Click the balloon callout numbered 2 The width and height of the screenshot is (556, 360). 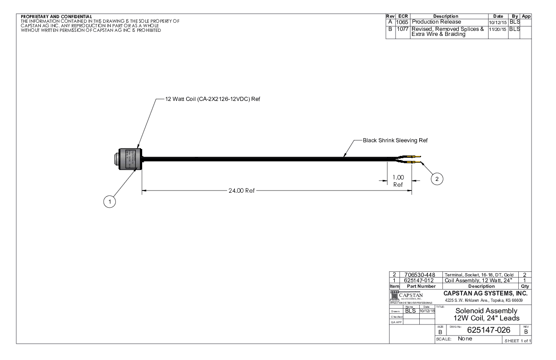pyautogui.click(x=437, y=179)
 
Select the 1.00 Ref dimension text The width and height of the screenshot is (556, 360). pyautogui.click(x=398, y=181)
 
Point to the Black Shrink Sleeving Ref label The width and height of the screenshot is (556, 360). pyautogui.click(x=395, y=140)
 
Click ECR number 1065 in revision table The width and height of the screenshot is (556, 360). pyautogui.click(x=402, y=22)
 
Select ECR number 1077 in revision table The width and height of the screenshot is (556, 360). pyautogui.click(x=402, y=29)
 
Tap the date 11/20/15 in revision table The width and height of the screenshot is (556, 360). pyautogui.click(x=498, y=29)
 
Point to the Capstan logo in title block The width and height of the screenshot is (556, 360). pyautogui.click(x=409, y=297)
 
